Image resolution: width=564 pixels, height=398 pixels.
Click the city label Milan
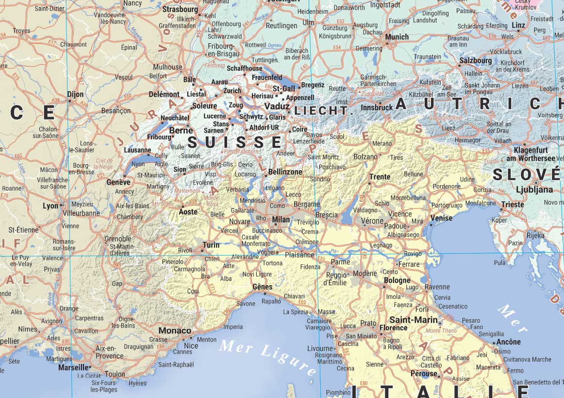click(281, 220)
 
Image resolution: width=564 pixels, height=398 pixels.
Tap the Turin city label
click(211, 245)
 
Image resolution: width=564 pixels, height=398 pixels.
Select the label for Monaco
click(175, 330)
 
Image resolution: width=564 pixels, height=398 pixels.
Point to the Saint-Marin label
click(414, 320)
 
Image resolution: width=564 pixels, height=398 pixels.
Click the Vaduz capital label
click(277, 106)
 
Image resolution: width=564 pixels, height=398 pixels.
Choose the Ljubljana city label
click(534, 190)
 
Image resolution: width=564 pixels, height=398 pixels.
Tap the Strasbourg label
click(180, 9)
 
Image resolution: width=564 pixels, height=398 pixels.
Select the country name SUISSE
click(234, 142)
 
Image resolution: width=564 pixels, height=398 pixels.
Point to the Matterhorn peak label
click(187, 191)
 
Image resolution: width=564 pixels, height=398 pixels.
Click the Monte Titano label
click(441, 331)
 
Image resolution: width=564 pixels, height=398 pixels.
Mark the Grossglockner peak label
click(445, 117)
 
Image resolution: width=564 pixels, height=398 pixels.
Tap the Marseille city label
click(74, 367)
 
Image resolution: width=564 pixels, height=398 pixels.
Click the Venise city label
click(441, 218)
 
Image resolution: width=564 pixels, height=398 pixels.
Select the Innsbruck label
click(377, 107)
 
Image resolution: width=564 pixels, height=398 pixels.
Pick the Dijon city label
click(75, 94)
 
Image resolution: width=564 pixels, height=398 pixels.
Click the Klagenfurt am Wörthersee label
click(531, 154)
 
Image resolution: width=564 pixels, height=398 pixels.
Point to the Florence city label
click(393, 328)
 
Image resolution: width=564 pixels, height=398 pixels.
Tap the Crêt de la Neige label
click(104, 164)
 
